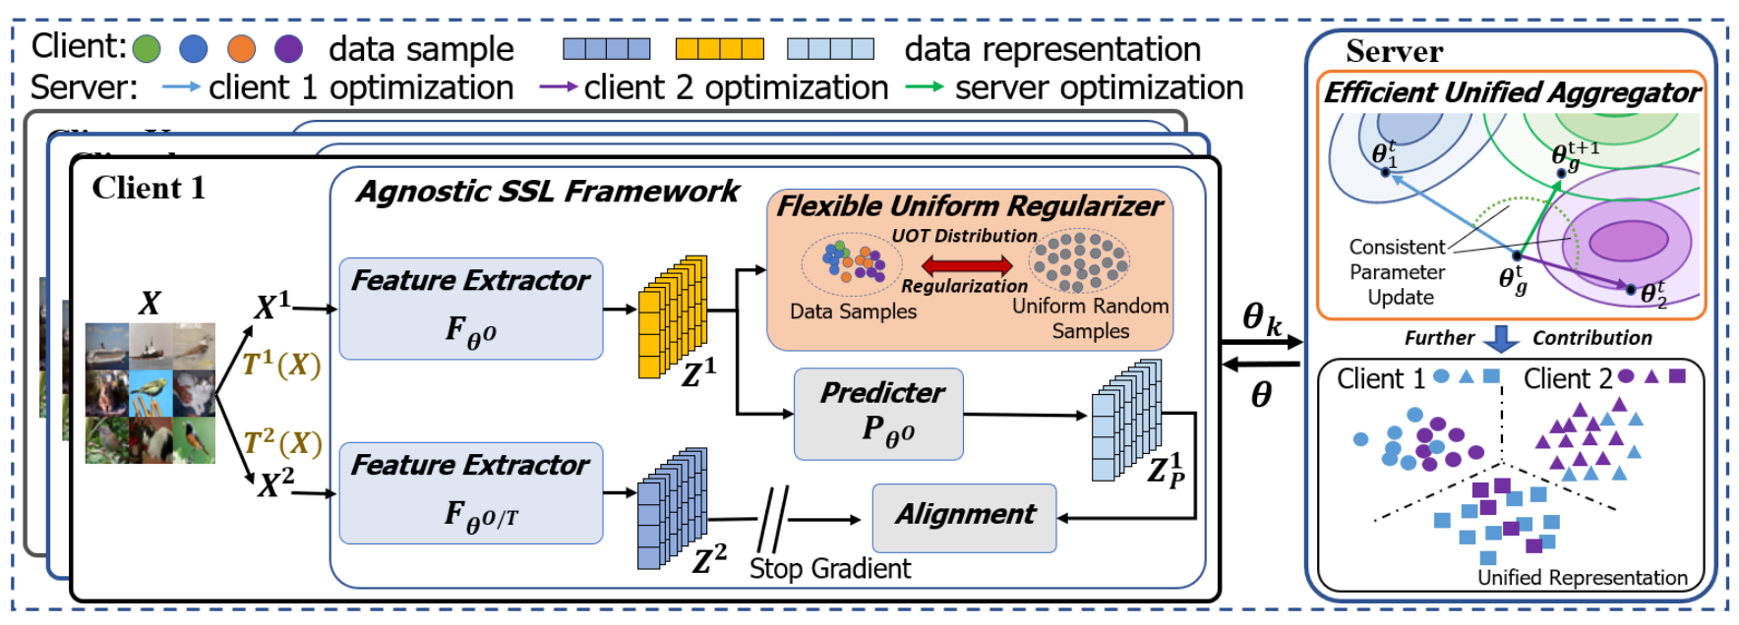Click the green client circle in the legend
(x=147, y=48)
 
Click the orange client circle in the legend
(x=241, y=48)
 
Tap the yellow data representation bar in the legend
(x=719, y=49)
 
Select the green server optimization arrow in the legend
(x=924, y=87)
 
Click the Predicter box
(x=878, y=414)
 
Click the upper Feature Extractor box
(x=470, y=309)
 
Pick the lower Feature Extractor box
(x=470, y=492)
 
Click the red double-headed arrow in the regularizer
(x=966, y=264)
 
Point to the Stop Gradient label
(x=829, y=568)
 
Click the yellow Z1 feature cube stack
(x=672, y=316)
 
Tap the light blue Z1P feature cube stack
(x=1126, y=420)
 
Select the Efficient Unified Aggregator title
(x=1511, y=92)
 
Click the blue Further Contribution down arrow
(x=1501, y=338)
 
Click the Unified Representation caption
(x=1582, y=578)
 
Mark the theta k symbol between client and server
(x=1261, y=318)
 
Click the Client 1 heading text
(x=149, y=188)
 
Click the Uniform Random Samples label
(x=1090, y=318)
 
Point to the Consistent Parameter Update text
(x=1397, y=272)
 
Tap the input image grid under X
(x=150, y=393)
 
